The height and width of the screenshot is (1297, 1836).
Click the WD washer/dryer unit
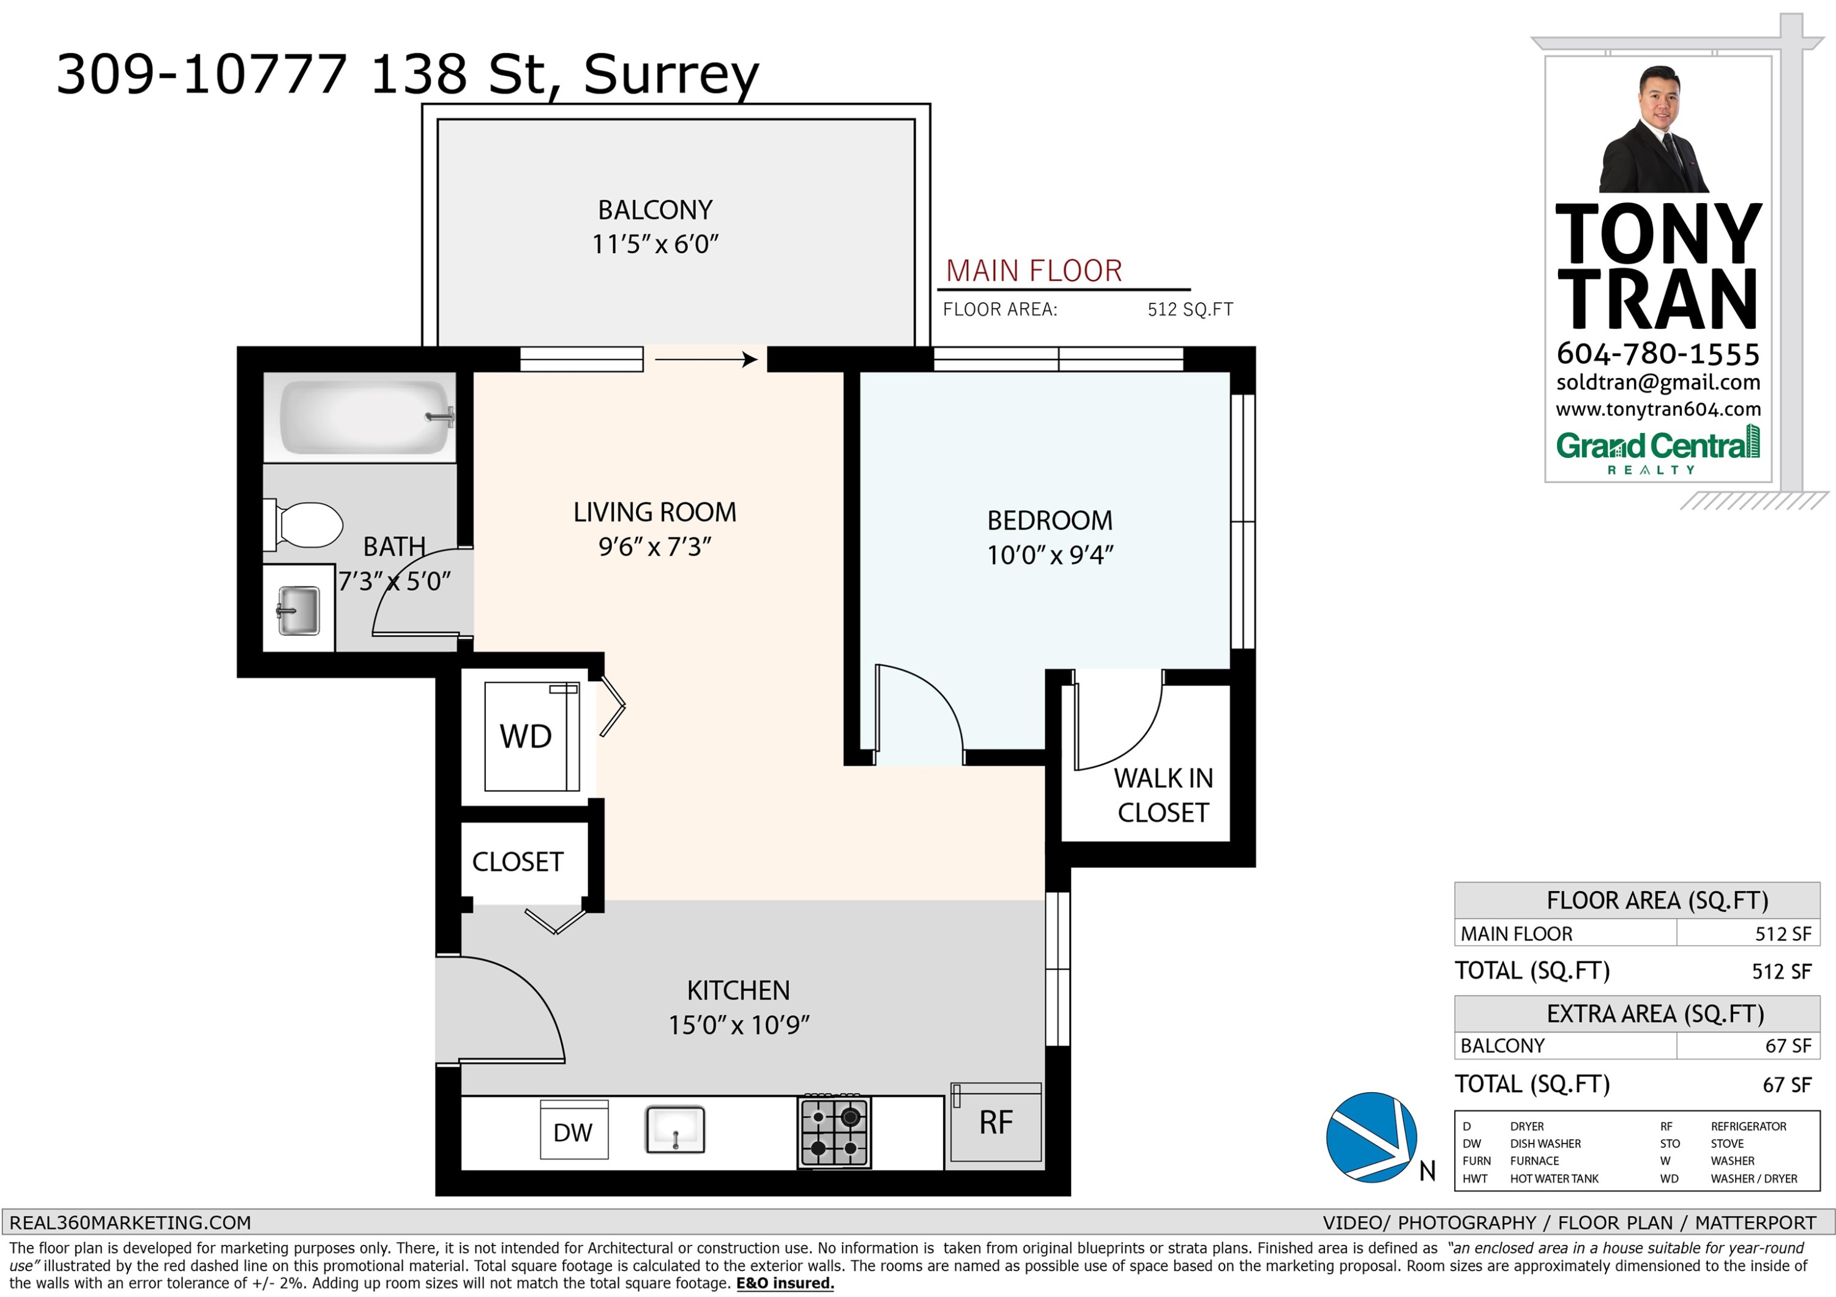point(532,736)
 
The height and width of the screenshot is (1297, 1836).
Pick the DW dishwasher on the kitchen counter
point(574,1131)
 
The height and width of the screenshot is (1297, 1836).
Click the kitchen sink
point(676,1129)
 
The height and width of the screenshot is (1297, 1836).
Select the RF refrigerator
point(996,1122)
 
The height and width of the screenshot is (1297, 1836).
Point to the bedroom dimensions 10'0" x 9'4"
point(1050,555)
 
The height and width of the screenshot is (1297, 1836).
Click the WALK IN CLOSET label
point(1163,795)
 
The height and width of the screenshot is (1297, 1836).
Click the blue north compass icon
point(1371,1137)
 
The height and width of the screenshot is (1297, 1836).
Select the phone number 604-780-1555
point(1659,353)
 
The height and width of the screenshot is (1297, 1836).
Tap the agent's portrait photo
point(1654,130)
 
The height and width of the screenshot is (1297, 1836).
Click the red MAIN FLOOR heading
point(1034,271)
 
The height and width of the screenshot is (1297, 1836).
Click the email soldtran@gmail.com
point(1659,383)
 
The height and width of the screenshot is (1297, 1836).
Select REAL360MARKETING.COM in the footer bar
point(130,1222)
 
